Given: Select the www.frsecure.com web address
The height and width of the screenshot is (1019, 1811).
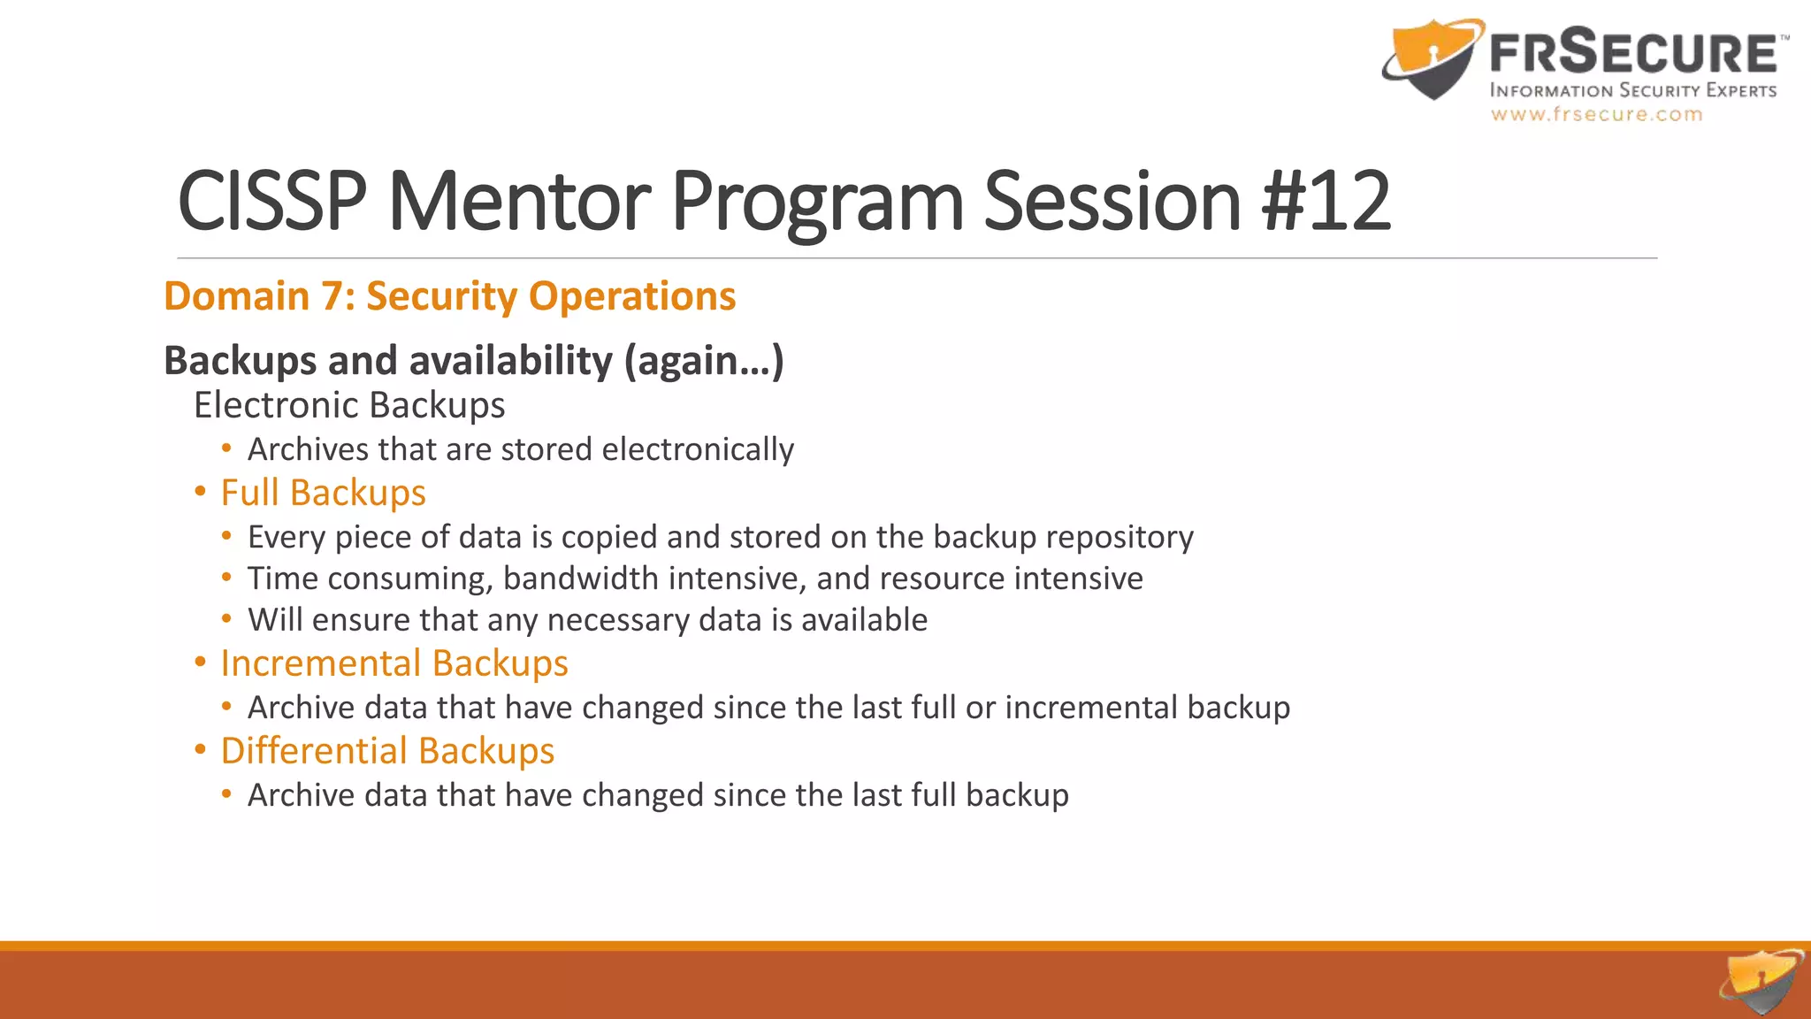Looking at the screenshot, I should [x=1596, y=114].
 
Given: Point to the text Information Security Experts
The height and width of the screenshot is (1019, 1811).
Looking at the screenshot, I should [x=1632, y=90].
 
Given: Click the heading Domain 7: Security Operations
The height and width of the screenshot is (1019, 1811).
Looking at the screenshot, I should [x=449, y=295].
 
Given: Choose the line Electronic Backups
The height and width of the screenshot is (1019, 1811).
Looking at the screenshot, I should [x=349, y=405].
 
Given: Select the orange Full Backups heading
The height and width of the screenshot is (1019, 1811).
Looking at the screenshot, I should [x=323, y=493].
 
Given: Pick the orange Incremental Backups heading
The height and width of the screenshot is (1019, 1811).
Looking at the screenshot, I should [x=394, y=663].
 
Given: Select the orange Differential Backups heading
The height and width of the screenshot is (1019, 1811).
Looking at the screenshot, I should [x=387, y=751].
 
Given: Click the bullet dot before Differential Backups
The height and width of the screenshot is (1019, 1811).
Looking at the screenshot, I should [x=201, y=750].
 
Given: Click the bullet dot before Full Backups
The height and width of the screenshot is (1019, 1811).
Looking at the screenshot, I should [x=201, y=492].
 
